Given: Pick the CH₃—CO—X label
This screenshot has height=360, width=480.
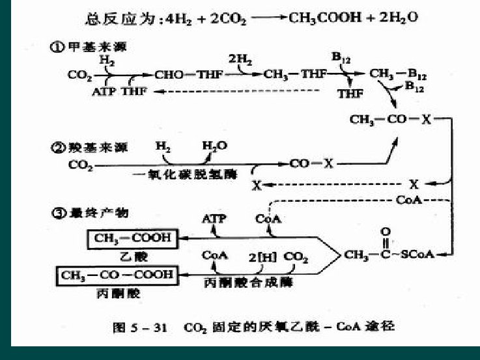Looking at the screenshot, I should [x=384, y=120].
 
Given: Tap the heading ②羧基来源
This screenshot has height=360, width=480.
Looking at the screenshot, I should [x=92, y=147].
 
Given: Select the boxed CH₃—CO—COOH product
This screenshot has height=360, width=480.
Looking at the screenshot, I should [x=118, y=275].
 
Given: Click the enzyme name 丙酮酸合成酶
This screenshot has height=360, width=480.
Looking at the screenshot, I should [x=250, y=284].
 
